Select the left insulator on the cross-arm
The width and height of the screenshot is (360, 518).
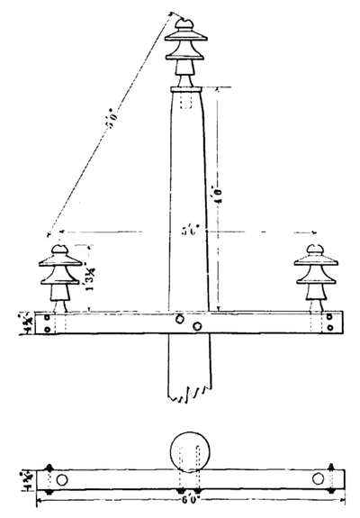point(60,275)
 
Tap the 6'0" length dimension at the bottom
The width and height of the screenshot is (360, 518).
point(190,500)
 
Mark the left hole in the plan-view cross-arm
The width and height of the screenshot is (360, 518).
point(61,479)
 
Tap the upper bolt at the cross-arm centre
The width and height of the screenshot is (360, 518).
point(181,318)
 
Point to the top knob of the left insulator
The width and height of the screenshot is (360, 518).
point(60,248)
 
